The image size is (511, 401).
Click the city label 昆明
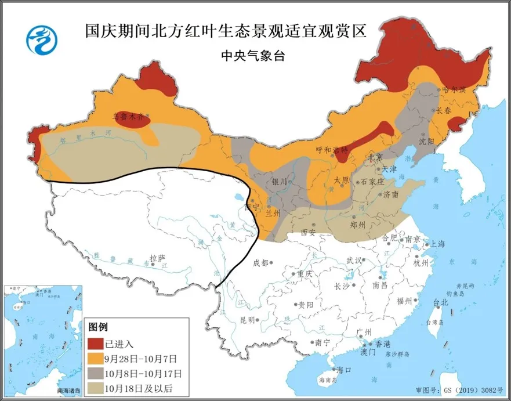tap(247, 320)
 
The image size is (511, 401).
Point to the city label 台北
tap(441, 302)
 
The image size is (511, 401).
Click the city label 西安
tap(308, 233)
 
